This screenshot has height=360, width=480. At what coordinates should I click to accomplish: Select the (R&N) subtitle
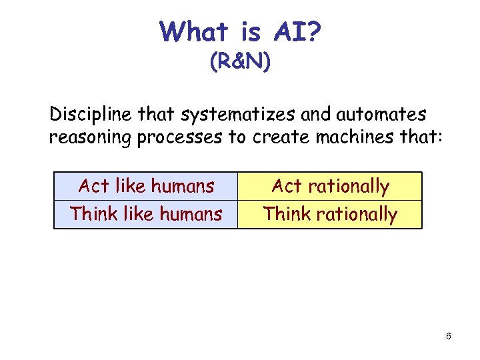coord(240,63)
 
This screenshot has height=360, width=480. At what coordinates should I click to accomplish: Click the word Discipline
coord(91,115)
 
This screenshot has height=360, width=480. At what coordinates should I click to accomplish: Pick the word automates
coord(380,115)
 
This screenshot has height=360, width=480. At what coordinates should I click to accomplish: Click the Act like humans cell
coord(146,186)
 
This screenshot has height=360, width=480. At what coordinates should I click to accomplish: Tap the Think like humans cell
coord(146,214)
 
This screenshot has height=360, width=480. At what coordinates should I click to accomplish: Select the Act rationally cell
coord(330,186)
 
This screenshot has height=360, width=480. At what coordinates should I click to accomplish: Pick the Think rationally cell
coord(330,214)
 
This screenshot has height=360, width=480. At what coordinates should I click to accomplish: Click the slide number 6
coord(449,336)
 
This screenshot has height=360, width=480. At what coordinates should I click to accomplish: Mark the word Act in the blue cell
coord(94,186)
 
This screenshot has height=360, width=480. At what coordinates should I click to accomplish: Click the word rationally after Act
coord(348,187)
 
